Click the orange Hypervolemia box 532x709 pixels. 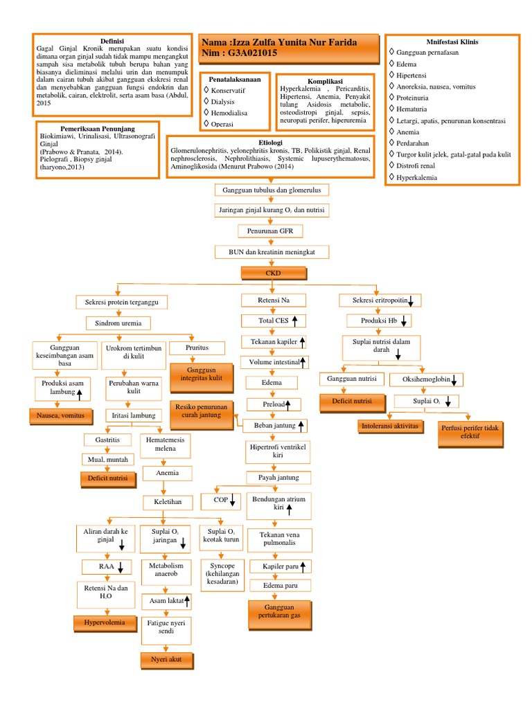tap(105, 623)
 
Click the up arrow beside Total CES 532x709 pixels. tap(294, 321)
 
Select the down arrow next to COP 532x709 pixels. tap(232, 500)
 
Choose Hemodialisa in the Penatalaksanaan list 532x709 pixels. tap(229, 112)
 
